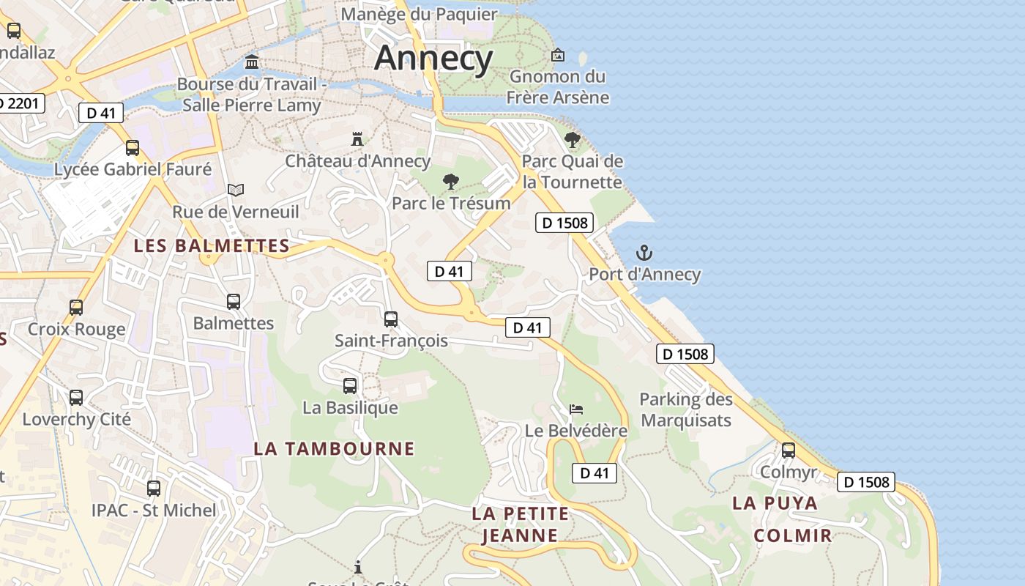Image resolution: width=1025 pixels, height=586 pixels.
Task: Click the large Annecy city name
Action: click(433, 58)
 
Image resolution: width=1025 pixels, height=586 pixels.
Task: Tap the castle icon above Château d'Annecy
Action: click(357, 138)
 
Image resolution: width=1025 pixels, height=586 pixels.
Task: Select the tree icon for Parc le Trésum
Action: click(451, 182)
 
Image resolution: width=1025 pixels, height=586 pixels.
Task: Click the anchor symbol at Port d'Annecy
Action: click(644, 253)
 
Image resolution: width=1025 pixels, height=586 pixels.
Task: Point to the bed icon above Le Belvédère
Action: click(576, 409)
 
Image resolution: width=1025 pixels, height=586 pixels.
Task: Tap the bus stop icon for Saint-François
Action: click(391, 319)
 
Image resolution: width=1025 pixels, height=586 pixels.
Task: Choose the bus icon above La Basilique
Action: click(350, 386)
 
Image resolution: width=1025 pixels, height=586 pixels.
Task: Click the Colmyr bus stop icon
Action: click(789, 450)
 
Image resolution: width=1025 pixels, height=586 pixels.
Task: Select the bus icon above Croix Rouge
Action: click(76, 308)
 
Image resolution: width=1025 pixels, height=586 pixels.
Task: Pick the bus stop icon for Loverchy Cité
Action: click(76, 398)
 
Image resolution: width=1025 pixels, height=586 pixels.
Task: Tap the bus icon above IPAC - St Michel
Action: click(154, 489)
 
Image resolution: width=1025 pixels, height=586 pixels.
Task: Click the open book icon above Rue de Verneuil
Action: click(235, 190)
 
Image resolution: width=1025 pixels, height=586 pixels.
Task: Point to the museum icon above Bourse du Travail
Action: click(253, 62)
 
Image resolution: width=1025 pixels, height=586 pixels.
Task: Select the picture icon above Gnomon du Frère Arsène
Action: click(558, 55)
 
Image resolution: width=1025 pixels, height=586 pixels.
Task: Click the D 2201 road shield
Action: click(20, 103)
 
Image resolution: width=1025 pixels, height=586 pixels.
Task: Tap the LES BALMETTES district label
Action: click(212, 246)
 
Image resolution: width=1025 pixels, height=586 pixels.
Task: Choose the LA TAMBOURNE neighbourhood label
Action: click(334, 448)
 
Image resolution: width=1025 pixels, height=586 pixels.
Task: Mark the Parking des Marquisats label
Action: click(685, 409)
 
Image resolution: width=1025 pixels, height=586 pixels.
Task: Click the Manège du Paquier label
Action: click(419, 14)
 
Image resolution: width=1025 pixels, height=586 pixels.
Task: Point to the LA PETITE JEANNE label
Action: click(520, 524)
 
